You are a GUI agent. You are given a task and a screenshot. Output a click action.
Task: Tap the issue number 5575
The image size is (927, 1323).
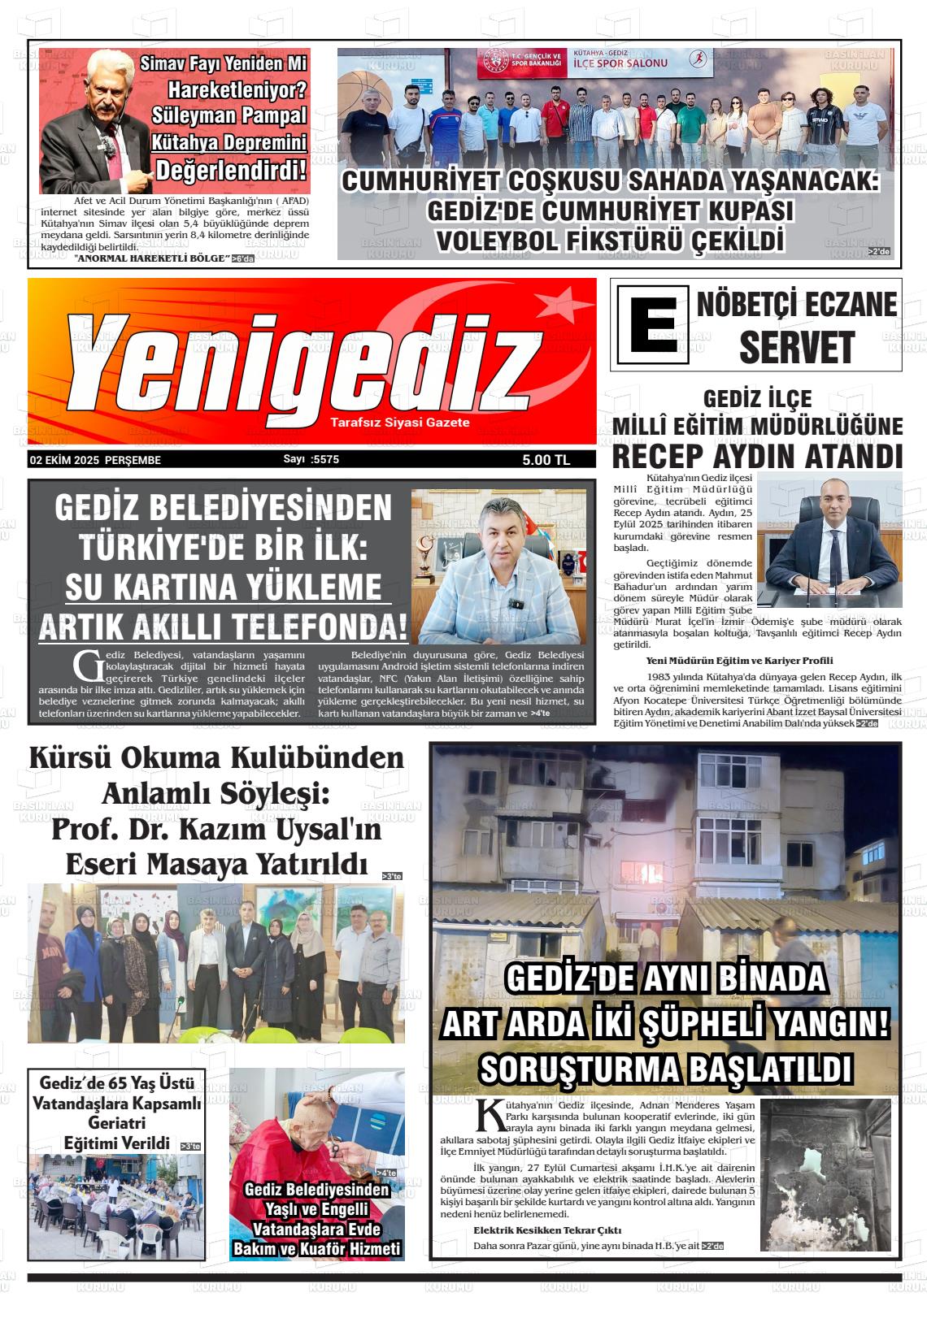(x=324, y=459)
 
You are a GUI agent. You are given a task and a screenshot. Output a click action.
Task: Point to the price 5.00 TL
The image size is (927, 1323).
(x=546, y=460)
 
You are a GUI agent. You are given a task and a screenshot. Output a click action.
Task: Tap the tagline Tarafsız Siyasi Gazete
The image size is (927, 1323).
(x=400, y=423)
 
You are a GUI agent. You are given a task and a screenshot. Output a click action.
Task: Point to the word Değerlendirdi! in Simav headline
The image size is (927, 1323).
(x=232, y=171)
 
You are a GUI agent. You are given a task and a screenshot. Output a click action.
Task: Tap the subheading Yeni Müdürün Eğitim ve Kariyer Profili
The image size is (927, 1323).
(x=739, y=661)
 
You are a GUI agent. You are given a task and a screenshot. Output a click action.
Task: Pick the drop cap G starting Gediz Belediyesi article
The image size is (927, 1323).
(x=85, y=665)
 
